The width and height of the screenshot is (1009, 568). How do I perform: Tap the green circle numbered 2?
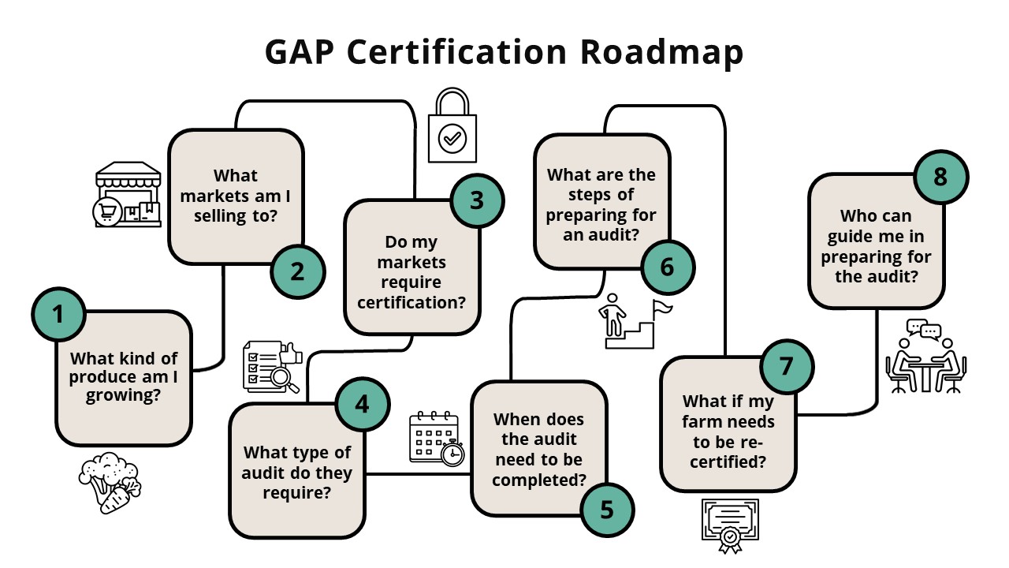coord(298,271)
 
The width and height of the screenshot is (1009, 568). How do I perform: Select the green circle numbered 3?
coord(477,200)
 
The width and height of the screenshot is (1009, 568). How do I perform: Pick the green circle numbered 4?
coord(362,404)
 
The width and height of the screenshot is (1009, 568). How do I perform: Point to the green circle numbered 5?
coord(607,510)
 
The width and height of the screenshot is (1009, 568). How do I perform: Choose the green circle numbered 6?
coord(668,267)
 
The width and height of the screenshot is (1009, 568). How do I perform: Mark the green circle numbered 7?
coord(786,367)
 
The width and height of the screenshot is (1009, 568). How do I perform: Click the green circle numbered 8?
coord(940,177)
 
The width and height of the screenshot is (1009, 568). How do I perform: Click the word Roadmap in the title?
coord(662,52)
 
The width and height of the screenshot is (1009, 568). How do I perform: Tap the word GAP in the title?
coord(299,52)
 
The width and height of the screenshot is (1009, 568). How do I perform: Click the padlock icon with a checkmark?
coord(452,126)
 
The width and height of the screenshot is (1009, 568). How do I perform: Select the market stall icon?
coord(128,196)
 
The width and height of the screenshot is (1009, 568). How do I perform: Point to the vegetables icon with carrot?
coord(110,483)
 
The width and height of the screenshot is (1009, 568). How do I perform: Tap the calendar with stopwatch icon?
coord(436,439)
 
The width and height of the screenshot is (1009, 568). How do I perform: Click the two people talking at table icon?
coord(925,357)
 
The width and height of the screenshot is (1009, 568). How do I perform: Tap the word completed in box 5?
coord(540,479)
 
